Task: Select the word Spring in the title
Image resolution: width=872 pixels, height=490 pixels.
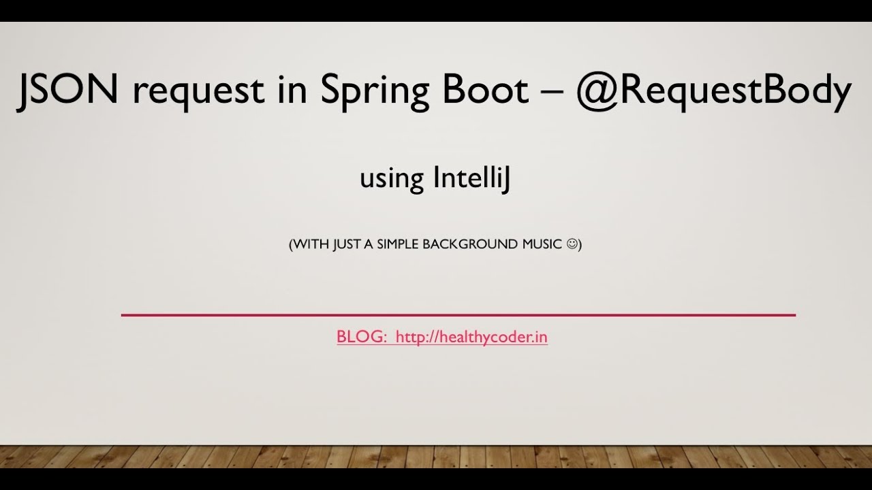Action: pos(375,92)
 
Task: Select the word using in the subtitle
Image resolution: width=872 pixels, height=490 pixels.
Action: pos(392,180)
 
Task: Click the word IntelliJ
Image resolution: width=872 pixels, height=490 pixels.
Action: pos(471,178)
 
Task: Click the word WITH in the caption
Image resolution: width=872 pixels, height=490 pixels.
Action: pos(311,244)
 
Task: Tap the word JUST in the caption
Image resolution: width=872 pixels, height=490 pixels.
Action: pos(347,244)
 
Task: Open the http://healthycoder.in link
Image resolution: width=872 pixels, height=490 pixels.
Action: pos(471,338)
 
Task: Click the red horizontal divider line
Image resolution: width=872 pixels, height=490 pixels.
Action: pos(458,315)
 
